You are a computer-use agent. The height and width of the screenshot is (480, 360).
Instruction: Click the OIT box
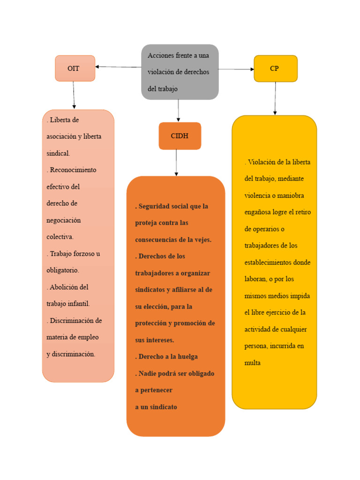[75, 68]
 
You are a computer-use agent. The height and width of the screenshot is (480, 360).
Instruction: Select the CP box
[275, 68]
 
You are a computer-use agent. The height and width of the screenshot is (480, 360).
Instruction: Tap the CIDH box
[180, 136]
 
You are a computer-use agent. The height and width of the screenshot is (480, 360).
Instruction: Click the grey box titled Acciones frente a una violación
[180, 72]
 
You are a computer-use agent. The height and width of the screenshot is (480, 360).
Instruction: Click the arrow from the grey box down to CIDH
[178, 111]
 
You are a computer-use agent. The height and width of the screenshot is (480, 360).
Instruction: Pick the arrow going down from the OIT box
[74, 95]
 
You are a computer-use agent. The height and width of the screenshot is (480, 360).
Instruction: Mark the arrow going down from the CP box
[275, 98]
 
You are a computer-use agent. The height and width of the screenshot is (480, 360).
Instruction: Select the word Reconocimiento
[73, 170]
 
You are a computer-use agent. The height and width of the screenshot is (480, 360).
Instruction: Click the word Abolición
[68, 287]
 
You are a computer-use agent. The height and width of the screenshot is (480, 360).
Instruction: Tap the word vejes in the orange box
[202, 240]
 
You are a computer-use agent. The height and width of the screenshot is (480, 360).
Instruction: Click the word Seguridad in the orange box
[156, 206]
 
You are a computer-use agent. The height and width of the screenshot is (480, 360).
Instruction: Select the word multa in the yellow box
[252, 363]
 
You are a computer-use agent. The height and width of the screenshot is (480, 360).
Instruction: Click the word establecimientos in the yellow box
[268, 262]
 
